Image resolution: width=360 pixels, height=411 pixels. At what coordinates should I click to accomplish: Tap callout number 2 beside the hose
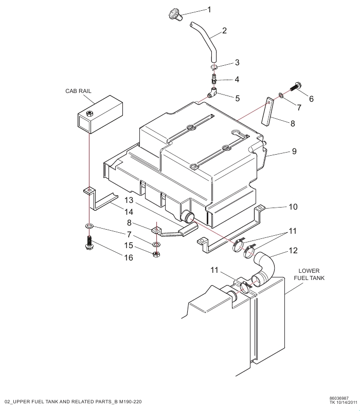[x=224, y=31]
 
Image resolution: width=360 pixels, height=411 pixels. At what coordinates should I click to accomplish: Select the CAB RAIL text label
[x=79, y=90]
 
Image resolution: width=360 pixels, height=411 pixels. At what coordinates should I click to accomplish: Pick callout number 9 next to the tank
[x=295, y=152]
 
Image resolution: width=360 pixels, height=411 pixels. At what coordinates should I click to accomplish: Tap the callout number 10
[x=293, y=207]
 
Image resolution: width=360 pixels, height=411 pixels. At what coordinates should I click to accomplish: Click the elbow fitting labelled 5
[x=212, y=94]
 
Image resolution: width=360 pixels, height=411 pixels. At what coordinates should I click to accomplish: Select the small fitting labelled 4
[x=214, y=80]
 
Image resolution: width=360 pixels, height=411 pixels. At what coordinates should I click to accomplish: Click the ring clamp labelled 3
[x=214, y=67]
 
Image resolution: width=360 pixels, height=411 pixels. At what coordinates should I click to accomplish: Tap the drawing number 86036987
[x=341, y=398]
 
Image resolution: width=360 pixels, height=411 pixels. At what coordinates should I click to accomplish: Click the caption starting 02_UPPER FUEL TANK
[x=73, y=401]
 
